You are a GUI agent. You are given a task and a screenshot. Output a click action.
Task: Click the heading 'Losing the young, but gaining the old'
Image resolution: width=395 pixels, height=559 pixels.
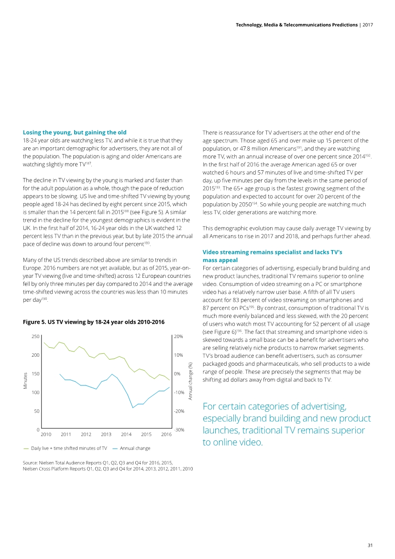(75, 132)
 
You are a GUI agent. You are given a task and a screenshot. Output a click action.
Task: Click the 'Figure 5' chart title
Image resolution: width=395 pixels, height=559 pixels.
(94, 322)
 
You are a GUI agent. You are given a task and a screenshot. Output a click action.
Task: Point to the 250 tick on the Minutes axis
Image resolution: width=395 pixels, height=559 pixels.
(35, 337)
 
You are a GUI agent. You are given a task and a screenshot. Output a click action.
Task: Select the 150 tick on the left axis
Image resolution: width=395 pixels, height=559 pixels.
(35, 373)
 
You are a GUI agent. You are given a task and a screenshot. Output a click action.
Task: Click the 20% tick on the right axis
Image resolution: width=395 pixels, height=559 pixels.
(179, 337)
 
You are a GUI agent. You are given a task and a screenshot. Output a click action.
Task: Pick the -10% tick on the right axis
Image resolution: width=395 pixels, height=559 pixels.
(179, 393)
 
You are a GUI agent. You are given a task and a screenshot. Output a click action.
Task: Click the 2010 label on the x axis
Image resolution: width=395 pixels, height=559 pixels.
(46, 434)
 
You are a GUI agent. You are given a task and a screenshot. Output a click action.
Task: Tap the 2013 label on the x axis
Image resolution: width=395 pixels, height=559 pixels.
(106, 434)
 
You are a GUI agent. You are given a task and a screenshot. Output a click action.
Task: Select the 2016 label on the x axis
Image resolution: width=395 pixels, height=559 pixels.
(166, 434)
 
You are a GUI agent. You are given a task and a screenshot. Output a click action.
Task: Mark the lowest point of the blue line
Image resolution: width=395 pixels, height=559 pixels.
(133, 407)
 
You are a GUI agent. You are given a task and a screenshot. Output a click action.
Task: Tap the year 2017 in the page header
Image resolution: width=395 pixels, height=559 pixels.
(367, 25)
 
